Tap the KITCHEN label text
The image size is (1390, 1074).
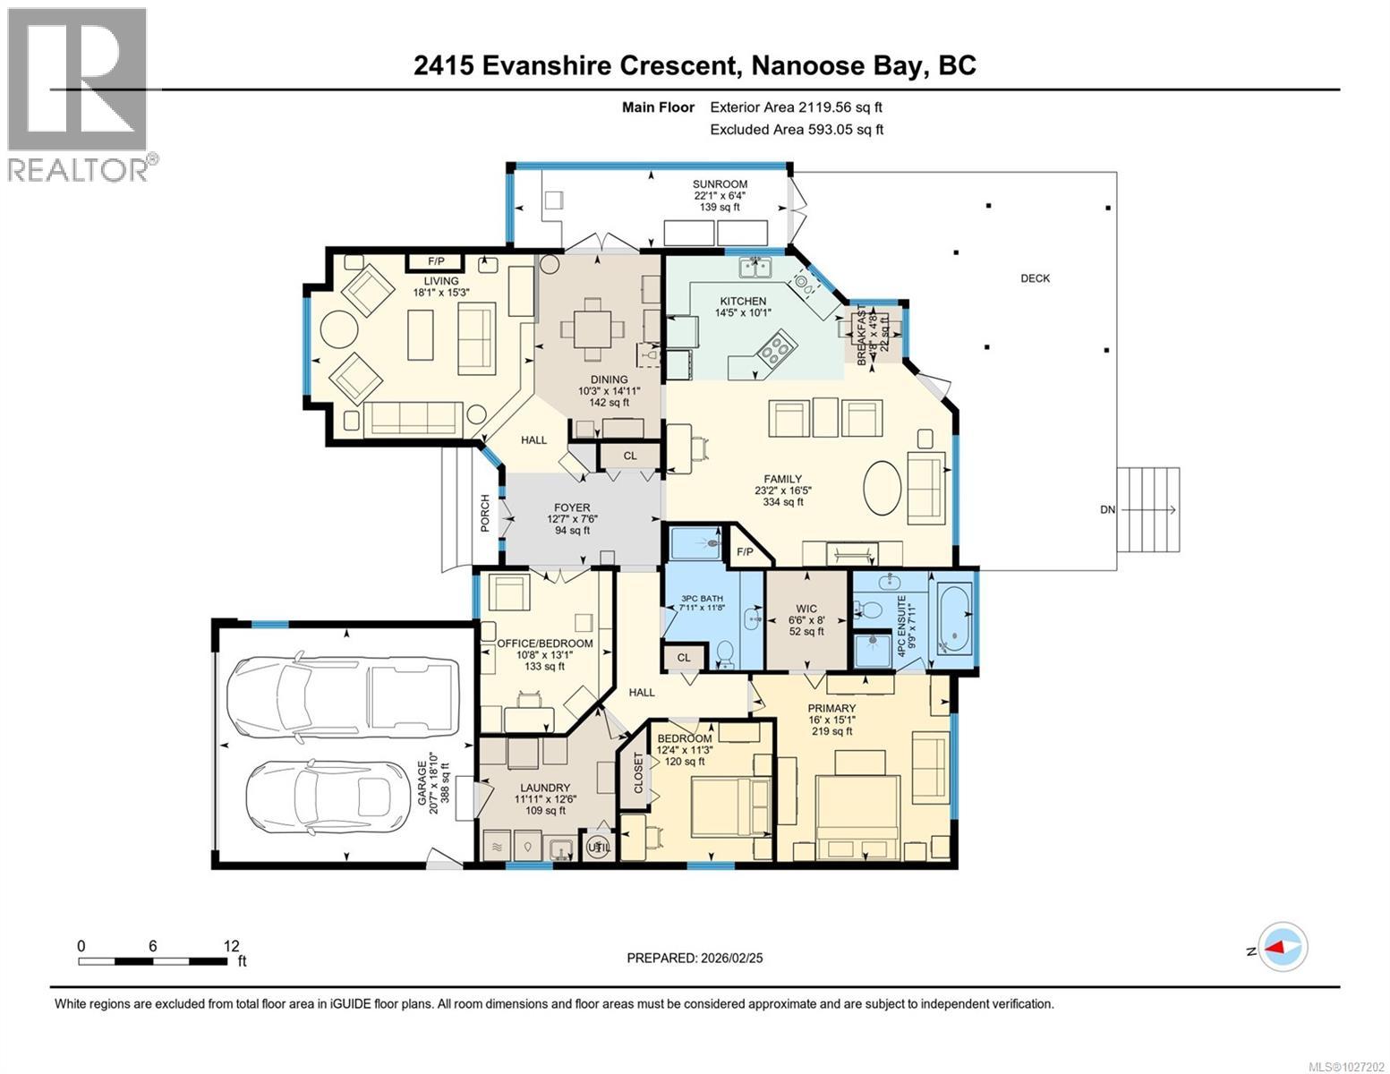coord(743,301)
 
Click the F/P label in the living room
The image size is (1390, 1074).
coord(436,261)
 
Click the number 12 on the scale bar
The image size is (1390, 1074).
coord(231,946)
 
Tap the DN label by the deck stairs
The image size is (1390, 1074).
coord(1108,509)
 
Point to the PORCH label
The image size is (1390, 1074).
coord(485,514)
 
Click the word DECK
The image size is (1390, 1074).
coord(1035,278)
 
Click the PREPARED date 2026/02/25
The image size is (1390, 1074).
coord(695,958)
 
